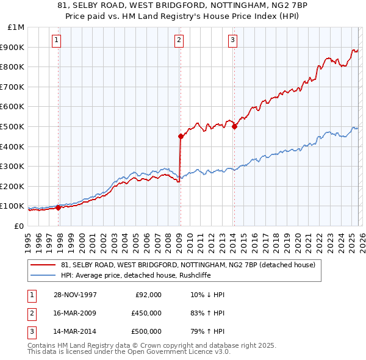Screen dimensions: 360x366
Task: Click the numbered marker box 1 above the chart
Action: [56, 41]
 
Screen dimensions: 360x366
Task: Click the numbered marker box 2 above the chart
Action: [179, 41]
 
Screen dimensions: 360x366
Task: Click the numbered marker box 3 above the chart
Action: [233, 41]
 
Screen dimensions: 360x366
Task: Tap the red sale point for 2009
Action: [181, 137]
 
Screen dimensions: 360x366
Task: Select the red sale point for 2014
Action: [234, 127]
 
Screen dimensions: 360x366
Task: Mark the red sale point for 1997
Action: [59, 207]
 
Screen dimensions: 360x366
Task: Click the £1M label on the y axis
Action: [16, 27]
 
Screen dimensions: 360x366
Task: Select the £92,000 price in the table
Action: [148, 295]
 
